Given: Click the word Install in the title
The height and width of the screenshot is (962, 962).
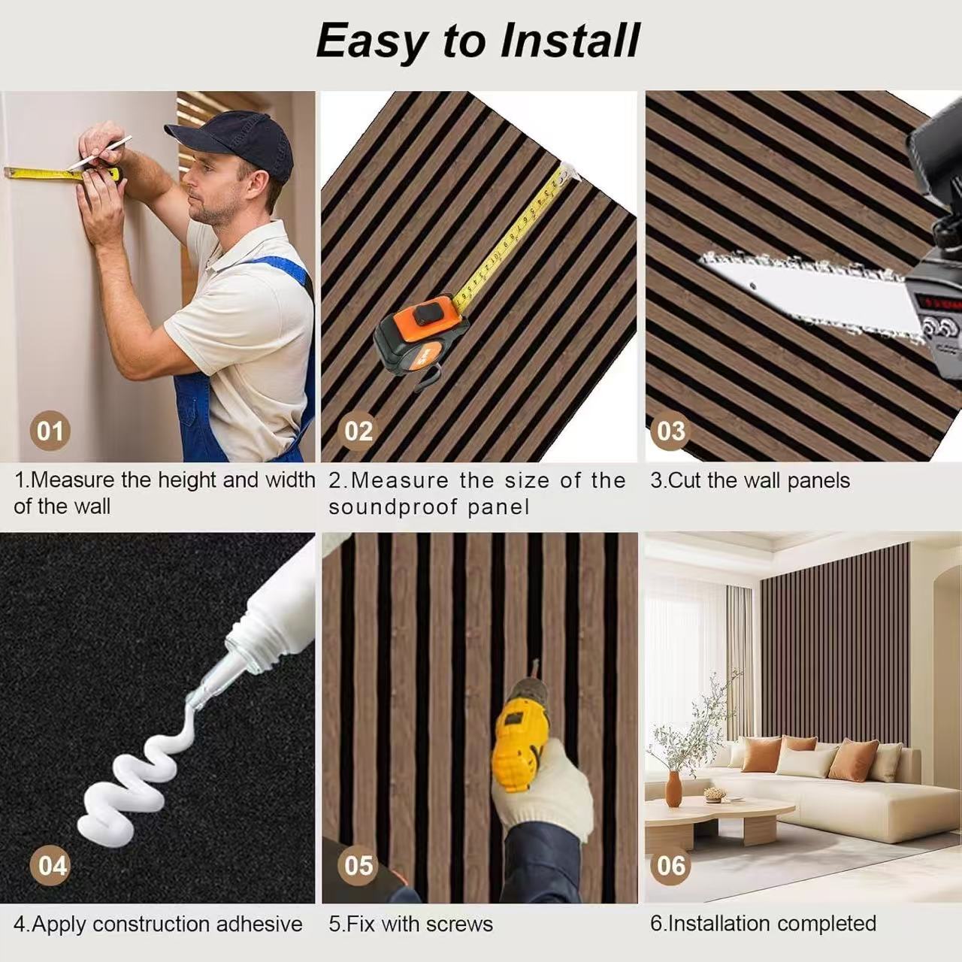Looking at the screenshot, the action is tap(570, 41).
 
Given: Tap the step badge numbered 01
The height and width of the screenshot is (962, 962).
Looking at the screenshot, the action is tap(50, 431).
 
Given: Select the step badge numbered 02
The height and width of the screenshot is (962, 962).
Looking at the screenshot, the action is tap(358, 431).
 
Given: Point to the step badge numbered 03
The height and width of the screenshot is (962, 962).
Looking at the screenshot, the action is tap(670, 431).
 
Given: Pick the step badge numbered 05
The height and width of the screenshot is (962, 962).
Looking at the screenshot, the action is tap(358, 866).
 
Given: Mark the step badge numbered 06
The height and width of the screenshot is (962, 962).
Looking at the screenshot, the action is tap(670, 866).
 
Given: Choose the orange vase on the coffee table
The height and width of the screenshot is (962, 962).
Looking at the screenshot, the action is tap(673, 788).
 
